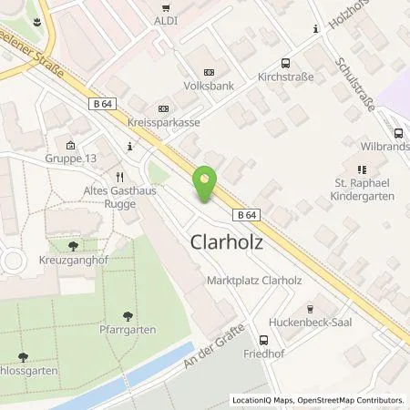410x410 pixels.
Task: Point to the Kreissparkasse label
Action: [x=163, y=121]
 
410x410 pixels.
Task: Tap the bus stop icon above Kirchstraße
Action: [x=285, y=63]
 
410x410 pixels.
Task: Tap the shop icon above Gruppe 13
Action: [x=71, y=145]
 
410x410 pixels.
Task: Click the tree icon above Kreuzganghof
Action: [x=73, y=245]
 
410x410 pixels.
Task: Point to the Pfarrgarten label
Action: [x=128, y=329]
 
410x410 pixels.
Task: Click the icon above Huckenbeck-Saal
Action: [x=311, y=308]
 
